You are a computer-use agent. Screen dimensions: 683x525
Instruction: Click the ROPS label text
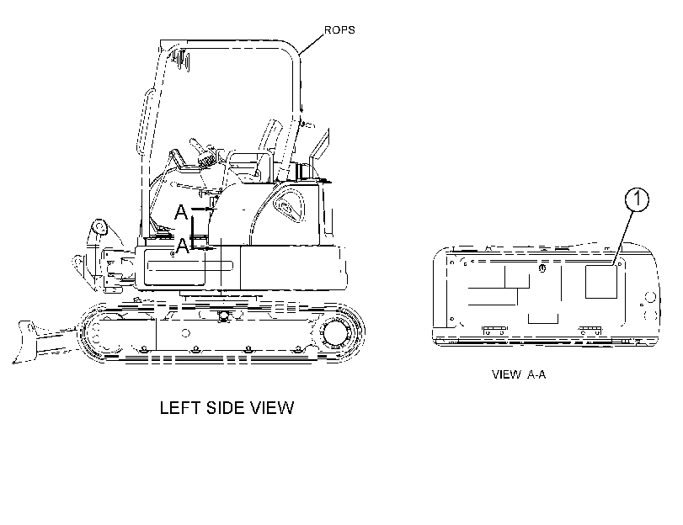click(x=339, y=30)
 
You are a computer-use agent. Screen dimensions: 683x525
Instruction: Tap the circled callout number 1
click(x=637, y=199)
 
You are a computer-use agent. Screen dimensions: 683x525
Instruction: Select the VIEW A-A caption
click(x=518, y=374)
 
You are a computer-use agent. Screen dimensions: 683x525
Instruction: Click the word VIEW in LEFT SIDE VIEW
click(x=272, y=408)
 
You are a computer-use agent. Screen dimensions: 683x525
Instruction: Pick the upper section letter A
click(x=181, y=212)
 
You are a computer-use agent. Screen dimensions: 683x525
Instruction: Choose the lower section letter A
click(x=183, y=246)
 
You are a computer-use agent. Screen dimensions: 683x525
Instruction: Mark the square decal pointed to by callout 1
click(x=601, y=282)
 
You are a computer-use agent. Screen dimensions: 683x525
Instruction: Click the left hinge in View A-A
click(x=494, y=331)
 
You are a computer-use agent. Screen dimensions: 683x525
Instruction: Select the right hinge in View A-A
click(x=590, y=331)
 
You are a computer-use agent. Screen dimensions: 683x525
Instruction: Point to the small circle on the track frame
click(x=185, y=333)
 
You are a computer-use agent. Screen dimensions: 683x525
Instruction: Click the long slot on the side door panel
click(x=190, y=266)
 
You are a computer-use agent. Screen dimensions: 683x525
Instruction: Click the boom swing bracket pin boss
click(x=99, y=227)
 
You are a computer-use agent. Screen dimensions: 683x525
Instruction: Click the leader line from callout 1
click(x=623, y=238)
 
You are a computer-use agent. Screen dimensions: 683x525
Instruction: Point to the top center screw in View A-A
click(x=542, y=268)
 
